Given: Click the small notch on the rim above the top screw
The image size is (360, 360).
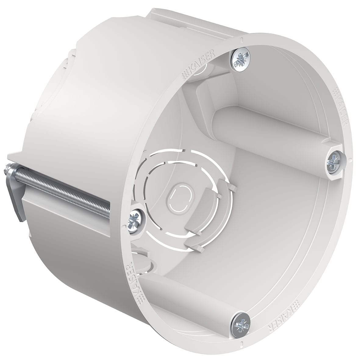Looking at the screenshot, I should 241,39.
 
